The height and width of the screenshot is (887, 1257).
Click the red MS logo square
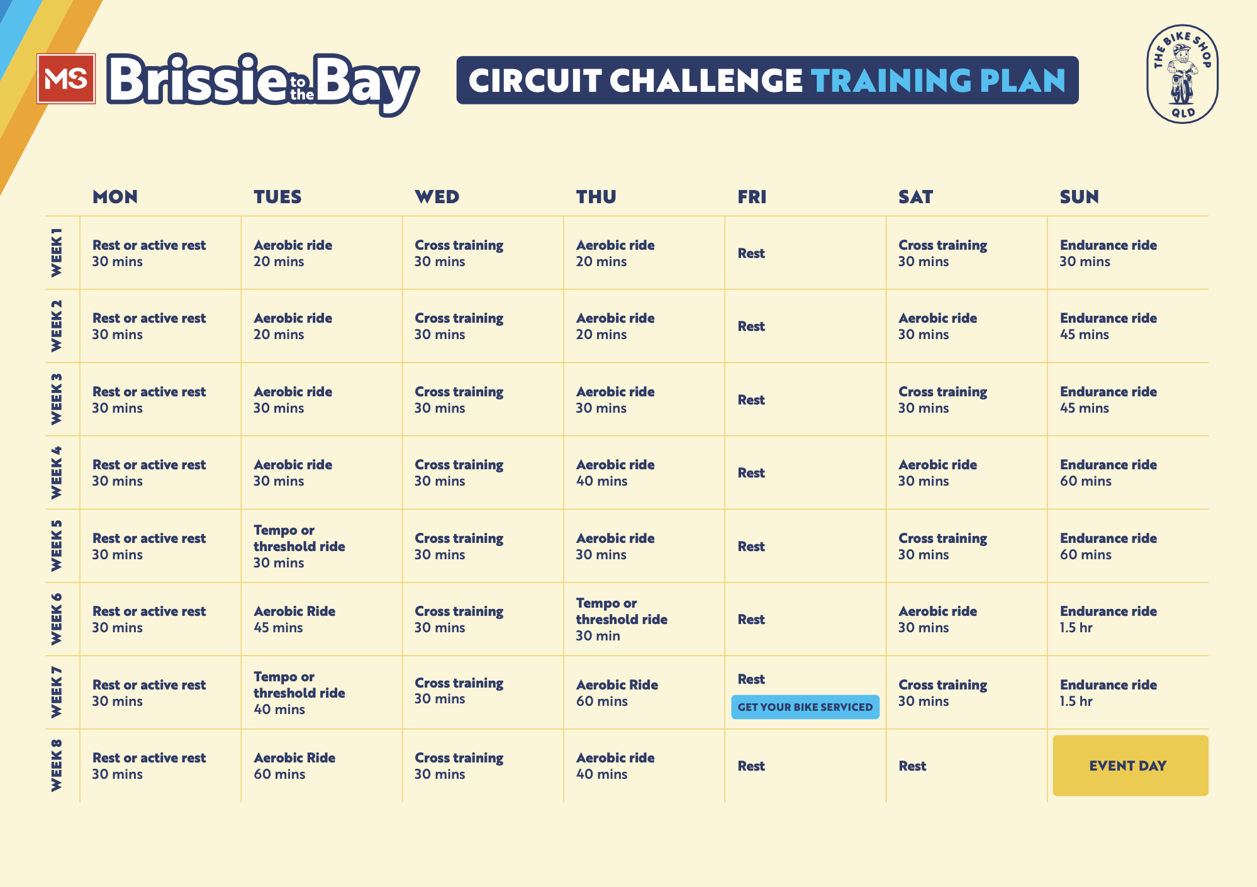(x=66, y=79)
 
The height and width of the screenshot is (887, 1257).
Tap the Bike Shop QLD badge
(x=1182, y=74)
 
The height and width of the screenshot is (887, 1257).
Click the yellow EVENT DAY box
(x=1130, y=766)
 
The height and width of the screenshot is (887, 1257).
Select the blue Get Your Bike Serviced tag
(x=805, y=707)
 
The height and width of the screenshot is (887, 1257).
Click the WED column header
(x=437, y=197)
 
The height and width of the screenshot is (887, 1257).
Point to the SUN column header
(x=1079, y=197)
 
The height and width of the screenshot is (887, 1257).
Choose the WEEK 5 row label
(x=57, y=545)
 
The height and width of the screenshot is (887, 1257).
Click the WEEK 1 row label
(x=57, y=252)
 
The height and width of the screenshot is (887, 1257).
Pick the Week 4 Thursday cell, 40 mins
(x=615, y=473)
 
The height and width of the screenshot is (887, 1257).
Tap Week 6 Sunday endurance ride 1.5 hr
(x=1108, y=620)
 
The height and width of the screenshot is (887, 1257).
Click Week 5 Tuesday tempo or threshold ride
(x=299, y=546)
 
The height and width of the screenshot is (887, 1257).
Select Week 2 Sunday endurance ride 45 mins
(x=1108, y=326)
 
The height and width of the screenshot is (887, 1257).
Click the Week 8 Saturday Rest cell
(x=912, y=766)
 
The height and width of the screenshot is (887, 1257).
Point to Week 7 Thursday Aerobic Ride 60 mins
(x=617, y=693)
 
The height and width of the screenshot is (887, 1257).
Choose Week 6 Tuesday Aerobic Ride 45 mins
(x=294, y=620)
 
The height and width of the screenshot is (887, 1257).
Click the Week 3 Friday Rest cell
(x=751, y=400)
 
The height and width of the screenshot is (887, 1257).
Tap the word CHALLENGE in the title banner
(x=706, y=81)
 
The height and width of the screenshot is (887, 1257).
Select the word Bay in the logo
(x=365, y=82)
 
